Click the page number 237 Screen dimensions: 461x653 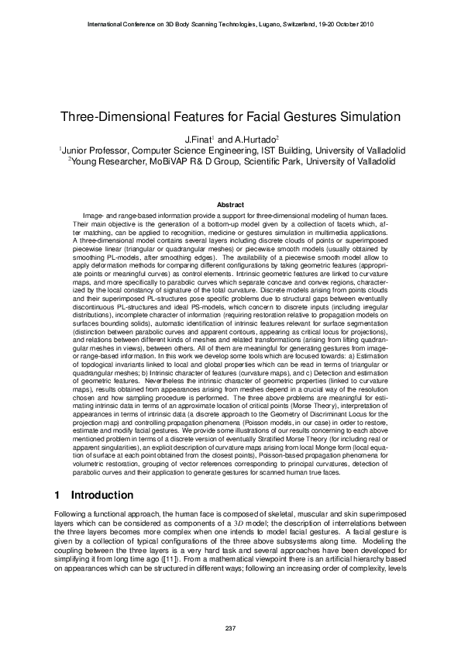(x=230, y=627)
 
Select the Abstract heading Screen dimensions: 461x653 (x=230, y=205)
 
